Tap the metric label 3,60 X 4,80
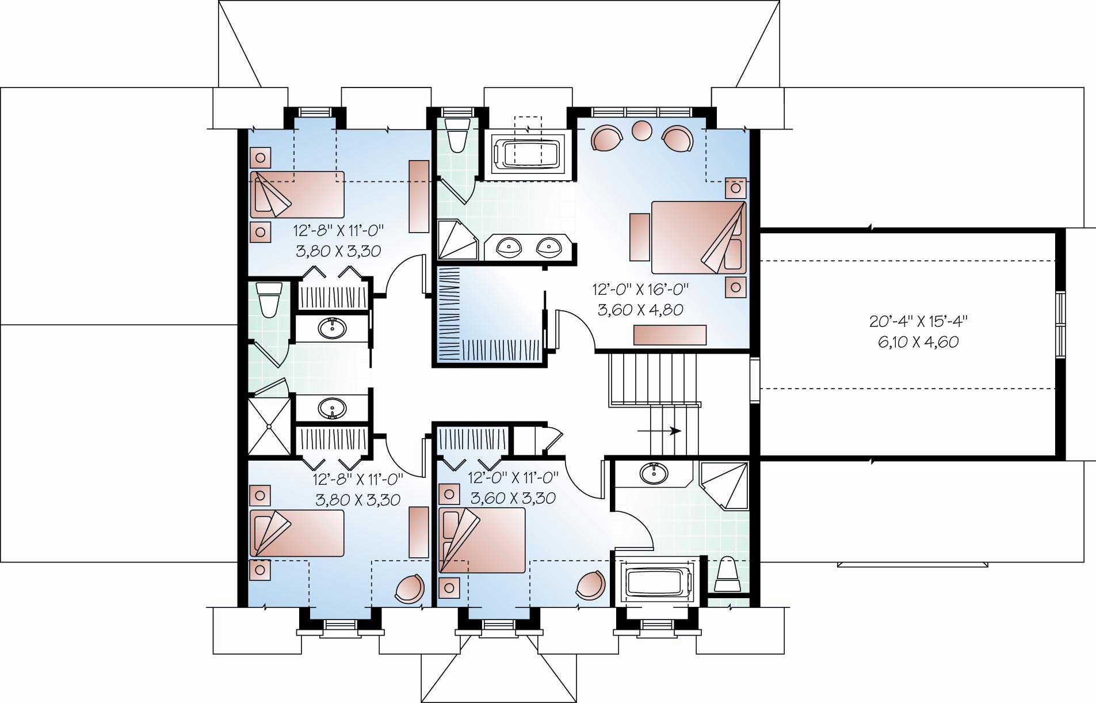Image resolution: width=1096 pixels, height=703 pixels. (x=640, y=310)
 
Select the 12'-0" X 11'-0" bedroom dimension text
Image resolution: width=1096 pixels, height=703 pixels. (x=513, y=477)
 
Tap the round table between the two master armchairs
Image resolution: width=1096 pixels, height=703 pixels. (x=641, y=130)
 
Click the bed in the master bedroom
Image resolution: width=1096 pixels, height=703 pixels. (x=698, y=237)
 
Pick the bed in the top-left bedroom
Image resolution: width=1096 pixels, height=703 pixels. (x=297, y=194)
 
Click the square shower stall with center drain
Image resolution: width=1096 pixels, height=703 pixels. (x=269, y=426)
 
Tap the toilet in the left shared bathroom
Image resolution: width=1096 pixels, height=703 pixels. (x=269, y=299)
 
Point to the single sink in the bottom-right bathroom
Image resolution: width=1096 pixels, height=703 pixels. (x=654, y=474)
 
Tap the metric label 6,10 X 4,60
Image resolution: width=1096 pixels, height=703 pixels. (x=918, y=342)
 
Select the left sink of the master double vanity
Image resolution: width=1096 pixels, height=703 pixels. (x=509, y=248)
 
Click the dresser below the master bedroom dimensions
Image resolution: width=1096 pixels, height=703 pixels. (x=670, y=335)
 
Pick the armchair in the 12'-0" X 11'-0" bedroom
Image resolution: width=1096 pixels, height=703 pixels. (x=591, y=584)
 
